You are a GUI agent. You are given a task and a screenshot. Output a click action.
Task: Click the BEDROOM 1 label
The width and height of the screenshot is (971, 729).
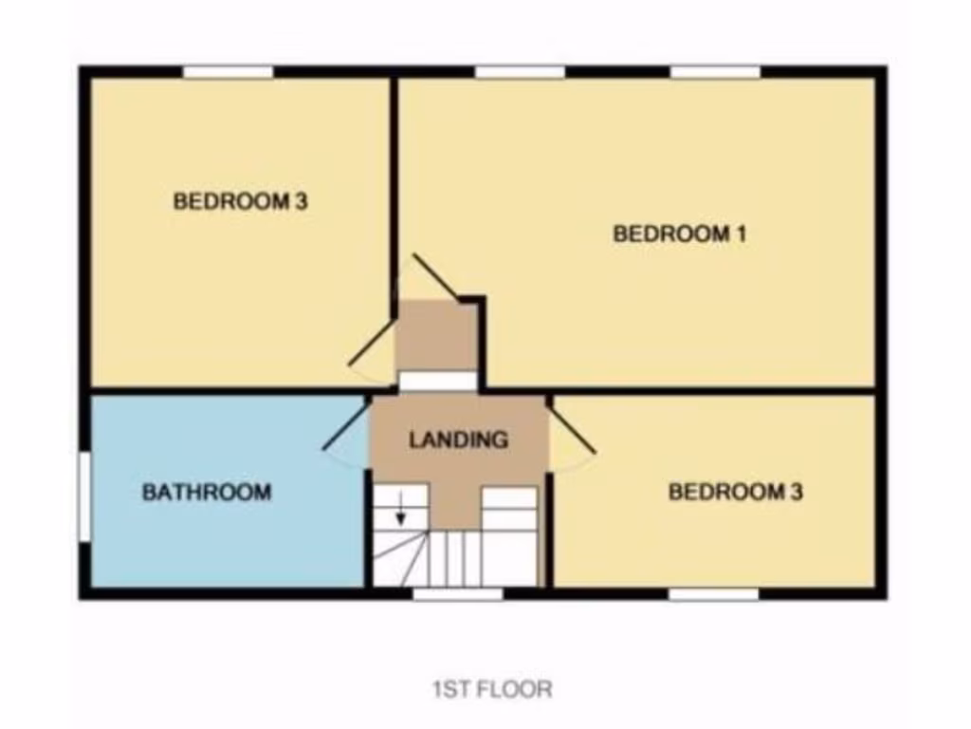(x=679, y=234)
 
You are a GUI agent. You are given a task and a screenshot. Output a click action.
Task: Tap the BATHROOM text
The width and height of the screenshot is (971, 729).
(x=207, y=493)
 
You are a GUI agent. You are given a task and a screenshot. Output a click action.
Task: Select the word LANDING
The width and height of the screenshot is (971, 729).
(x=458, y=440)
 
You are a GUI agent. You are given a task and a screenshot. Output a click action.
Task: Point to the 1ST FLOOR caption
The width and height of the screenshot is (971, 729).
(x=492, y=688)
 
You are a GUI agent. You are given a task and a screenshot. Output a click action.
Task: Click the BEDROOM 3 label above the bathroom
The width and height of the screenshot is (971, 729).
(x=241, y=201)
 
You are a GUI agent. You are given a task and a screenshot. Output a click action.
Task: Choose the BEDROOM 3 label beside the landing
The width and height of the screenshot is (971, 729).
(x=735, y=492)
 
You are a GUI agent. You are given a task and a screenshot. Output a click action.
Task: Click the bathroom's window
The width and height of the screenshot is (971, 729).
(x=83, y=496)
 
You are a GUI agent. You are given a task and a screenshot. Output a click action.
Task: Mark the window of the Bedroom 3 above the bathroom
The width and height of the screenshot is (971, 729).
(x=228, y=72)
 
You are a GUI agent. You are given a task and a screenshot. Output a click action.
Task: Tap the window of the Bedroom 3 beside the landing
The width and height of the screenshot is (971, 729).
(x=713, y=594)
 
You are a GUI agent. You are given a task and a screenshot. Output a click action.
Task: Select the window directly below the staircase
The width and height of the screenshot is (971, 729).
(x=458, y=594)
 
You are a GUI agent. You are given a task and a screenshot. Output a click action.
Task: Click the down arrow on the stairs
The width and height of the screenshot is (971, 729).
(x=400, y=511)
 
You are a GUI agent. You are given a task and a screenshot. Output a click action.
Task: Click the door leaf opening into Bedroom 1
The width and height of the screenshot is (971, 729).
(x=435, y=277)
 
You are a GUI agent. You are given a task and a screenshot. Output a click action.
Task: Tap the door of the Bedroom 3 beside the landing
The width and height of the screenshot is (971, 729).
(x=574, y=425)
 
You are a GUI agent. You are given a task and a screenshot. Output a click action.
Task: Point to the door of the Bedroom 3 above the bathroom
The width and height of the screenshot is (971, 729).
(x=371, y=343)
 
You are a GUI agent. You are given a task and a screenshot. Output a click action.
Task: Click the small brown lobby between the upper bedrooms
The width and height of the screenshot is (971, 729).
(x=436, y=337)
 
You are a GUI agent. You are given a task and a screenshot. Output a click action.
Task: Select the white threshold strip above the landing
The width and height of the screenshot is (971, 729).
(x=436, y=382)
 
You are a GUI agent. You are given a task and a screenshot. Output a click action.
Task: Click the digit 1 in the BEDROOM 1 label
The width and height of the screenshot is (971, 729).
(x=740, y=234)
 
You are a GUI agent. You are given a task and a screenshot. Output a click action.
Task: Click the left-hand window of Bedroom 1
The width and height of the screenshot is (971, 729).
(x=520, y=72)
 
